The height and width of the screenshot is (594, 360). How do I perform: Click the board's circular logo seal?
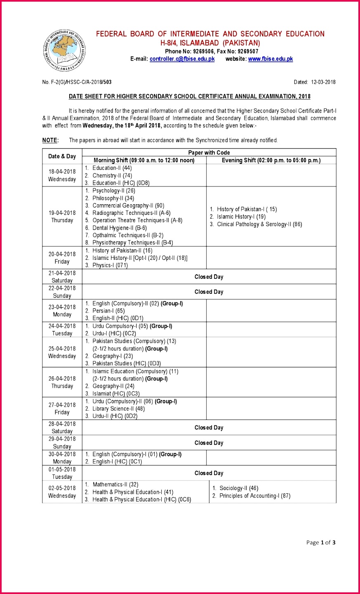[x=65, y=50]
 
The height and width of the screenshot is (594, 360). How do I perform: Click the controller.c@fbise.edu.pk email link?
[x=182, y=59]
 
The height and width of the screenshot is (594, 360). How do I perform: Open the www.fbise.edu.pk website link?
[x=271, y=59]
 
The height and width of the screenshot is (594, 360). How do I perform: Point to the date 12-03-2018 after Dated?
[x=323, y=82]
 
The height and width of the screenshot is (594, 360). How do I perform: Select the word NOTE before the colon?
[x=49, y=140]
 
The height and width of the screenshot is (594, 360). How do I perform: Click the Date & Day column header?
[x=62, y=156]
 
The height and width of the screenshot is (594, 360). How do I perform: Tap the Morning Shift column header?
[x=144, y=160]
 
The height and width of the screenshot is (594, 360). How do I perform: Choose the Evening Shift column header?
[x=271, y=160]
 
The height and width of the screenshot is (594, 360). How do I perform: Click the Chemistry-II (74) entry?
[x=112, y=175]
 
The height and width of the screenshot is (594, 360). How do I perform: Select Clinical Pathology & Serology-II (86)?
[x=259, y=224]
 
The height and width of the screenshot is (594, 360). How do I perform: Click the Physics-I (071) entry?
[x=110, y=265]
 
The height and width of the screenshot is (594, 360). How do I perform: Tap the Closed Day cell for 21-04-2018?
[x=209, y=277]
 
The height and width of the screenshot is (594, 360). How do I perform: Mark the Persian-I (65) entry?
[x=108, y=311]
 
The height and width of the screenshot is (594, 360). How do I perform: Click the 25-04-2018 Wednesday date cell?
[x=62, y=352]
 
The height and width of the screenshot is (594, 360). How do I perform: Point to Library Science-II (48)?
[x=118, y=409]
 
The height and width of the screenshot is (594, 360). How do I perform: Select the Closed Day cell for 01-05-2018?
[x=209, y=473]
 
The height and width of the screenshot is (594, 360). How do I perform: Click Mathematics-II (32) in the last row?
[x=115, y=484]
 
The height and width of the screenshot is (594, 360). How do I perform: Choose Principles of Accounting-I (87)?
[x=255, y=496]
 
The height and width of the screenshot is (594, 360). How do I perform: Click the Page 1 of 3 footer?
[x=321, y=542]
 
